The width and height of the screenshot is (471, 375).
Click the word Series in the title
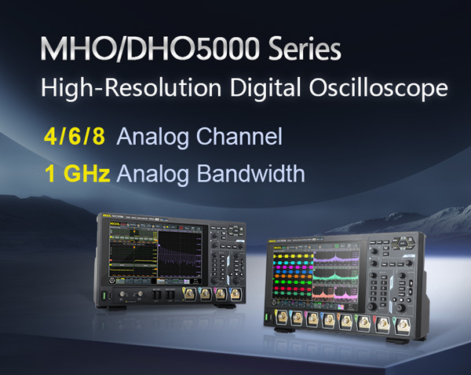301,50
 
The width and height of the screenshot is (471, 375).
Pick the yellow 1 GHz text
77,173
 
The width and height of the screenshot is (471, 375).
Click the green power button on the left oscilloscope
102,296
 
